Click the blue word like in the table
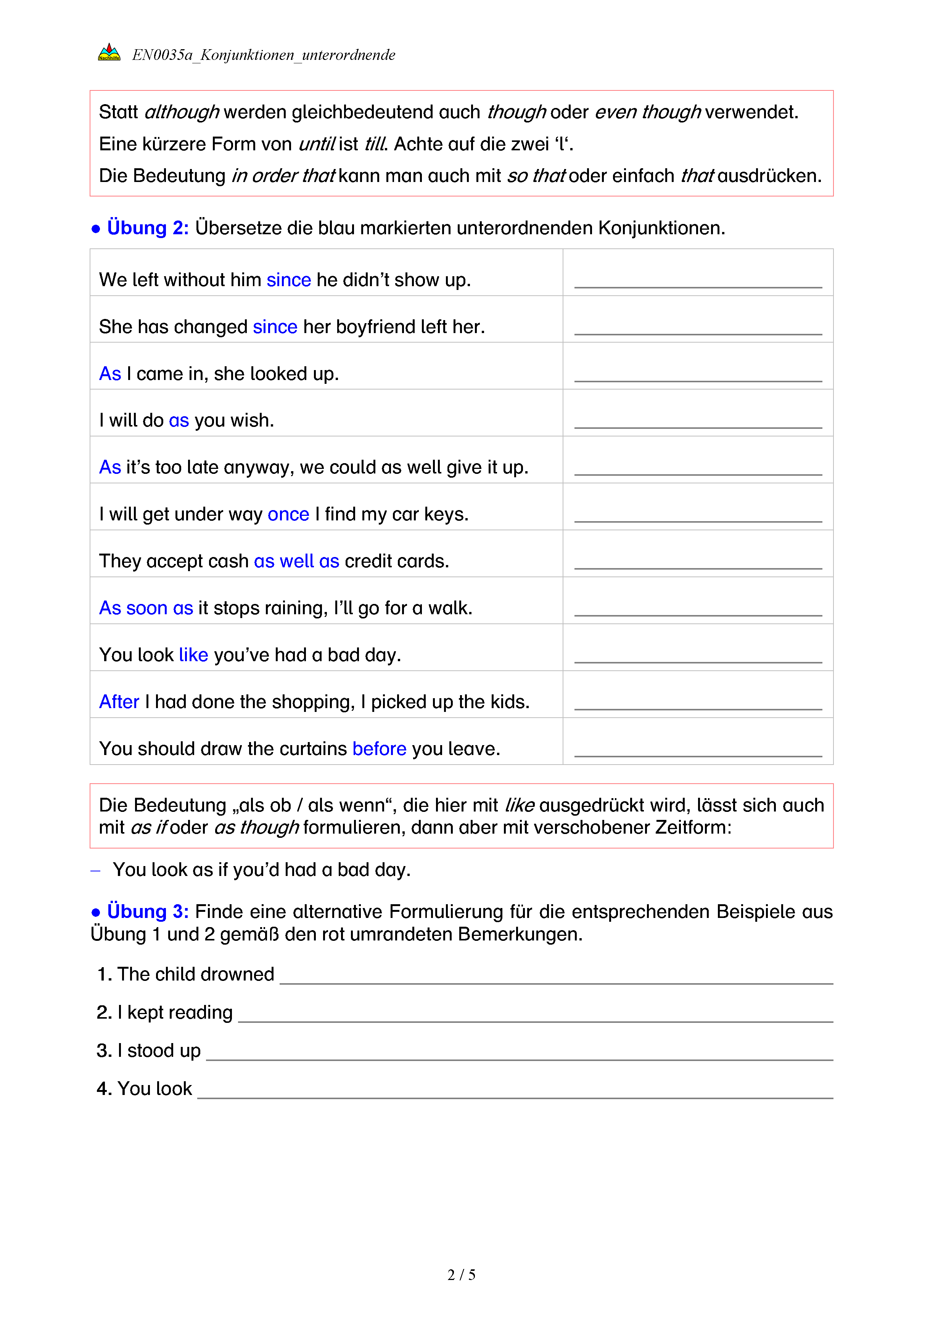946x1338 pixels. tap(193, 655)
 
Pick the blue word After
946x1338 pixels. tap(119, 702)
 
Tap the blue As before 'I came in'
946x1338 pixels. tap(110, 374)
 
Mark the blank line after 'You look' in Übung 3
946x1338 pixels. tap(515, 1095)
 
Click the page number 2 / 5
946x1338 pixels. tap(461, 1275)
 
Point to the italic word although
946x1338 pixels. tap(181, 112)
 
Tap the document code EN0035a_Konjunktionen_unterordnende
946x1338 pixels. tap(263, 55)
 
